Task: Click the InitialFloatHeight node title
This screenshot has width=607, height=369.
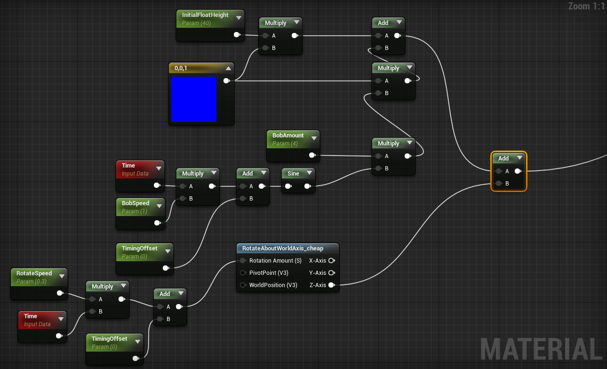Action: (205, 15)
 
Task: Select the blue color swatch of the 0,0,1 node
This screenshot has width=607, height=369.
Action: (193, 99)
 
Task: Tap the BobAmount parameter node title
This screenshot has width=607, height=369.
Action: (288, 136)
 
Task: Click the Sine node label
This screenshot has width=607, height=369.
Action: (293, 174)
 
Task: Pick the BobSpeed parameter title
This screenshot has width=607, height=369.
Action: (136, 203)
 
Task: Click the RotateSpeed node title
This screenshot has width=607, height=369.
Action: (34, 273)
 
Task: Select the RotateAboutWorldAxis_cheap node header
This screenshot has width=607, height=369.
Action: (283, 248)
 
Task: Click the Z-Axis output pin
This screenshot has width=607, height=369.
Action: (331, 285)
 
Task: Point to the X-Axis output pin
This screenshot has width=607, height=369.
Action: (331, 260)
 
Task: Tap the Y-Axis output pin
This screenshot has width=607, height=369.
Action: (331, 273)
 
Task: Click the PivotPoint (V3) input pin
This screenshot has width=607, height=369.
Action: (243, 273)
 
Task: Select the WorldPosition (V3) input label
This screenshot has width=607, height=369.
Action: (273, 285)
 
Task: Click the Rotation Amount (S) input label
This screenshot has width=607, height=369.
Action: (275, 260)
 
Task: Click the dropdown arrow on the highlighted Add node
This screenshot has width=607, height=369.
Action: (519, 158)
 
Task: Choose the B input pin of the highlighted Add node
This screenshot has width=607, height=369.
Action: (498, 184)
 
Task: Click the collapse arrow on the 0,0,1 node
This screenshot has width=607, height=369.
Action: (228, 68)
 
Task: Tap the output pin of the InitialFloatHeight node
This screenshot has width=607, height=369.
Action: (236, 34)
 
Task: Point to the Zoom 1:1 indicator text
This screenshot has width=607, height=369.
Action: (586, 6)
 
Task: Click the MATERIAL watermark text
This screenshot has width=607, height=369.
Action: (541, 349)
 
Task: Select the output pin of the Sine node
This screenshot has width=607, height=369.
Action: (307, 186)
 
